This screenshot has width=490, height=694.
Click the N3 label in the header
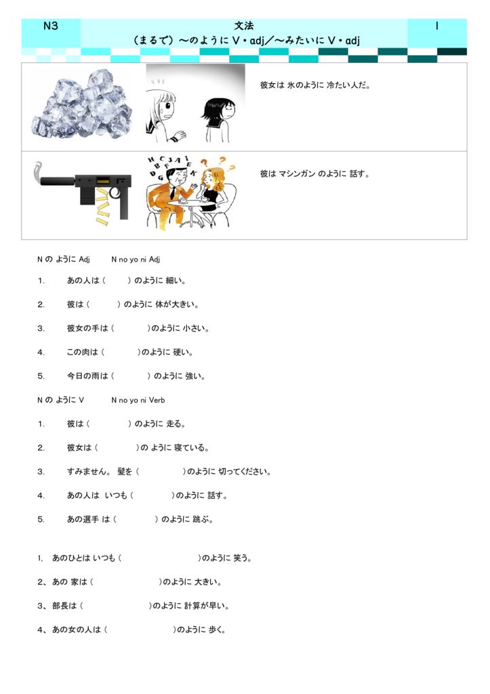(x=51, y=26)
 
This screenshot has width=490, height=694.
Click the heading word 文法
(x=243, y=26)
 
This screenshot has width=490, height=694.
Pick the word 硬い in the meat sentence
(x=183, y=352)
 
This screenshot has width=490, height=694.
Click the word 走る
(x=176, y=424)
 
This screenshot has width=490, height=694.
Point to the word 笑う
(x=241, y=558)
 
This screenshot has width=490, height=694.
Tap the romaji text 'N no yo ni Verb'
(x=138, y=400)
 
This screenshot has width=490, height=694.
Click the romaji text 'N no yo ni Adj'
(x=136, y=260)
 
